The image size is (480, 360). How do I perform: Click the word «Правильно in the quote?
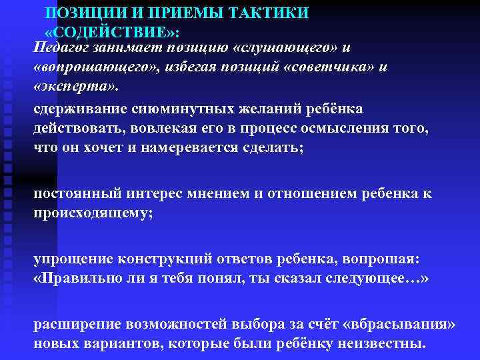(75, 278)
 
